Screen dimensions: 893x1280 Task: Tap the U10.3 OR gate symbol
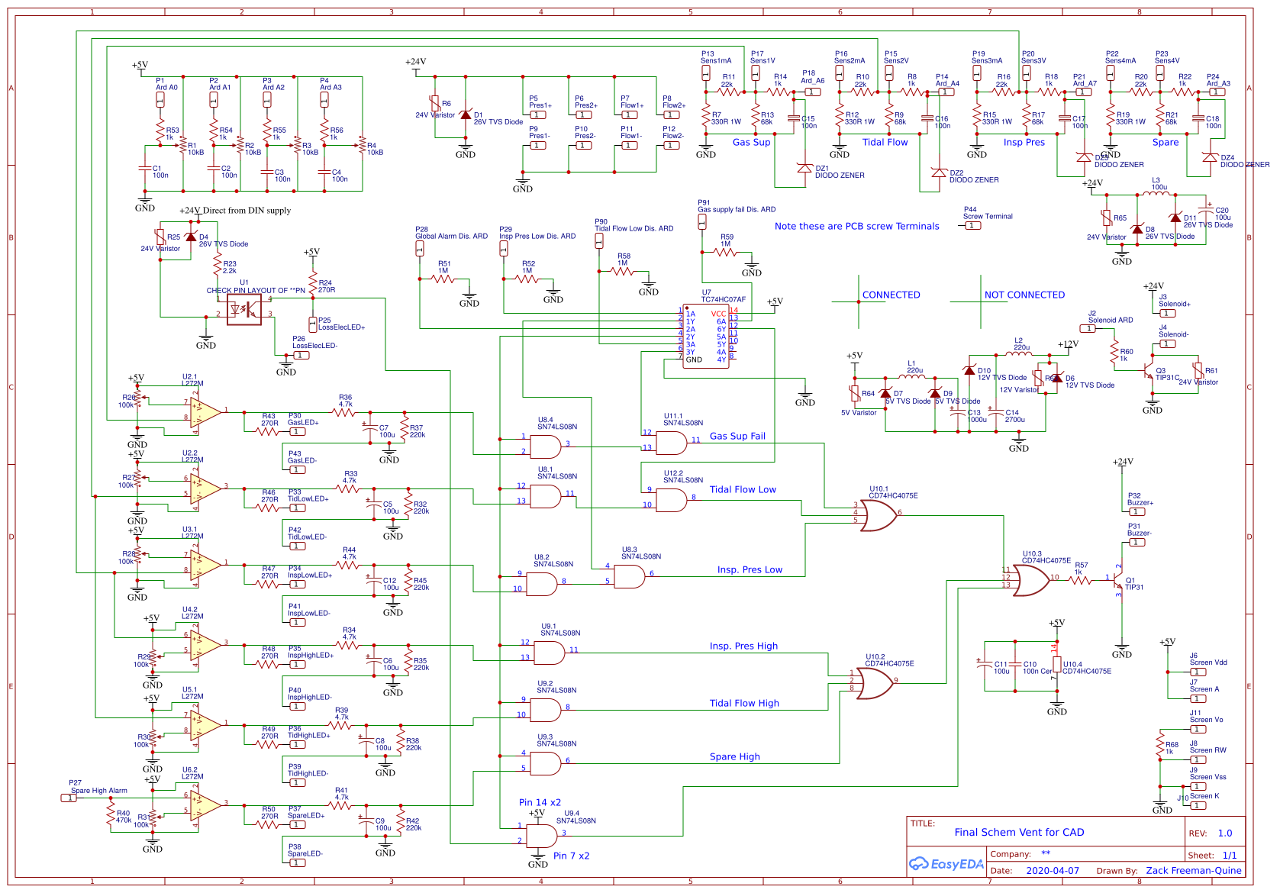1030,579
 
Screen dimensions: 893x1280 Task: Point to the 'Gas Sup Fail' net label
737,437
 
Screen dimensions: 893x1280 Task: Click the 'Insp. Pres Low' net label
750,570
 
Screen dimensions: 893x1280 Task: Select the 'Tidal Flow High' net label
744,704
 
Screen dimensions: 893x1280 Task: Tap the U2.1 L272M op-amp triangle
205,412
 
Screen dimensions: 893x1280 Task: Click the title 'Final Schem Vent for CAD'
1019,833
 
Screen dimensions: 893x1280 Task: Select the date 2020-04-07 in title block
1053,871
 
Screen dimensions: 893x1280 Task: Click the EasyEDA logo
946,864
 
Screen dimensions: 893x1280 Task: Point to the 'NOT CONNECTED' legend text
1024,295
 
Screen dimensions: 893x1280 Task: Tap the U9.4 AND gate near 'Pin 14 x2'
543,835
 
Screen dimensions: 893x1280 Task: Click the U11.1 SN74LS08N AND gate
671,443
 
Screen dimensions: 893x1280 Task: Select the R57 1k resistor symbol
1079,580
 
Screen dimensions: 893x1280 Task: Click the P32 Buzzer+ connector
1137,512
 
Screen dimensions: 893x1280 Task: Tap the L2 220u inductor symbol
1021,355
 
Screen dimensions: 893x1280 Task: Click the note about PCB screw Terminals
856,227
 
